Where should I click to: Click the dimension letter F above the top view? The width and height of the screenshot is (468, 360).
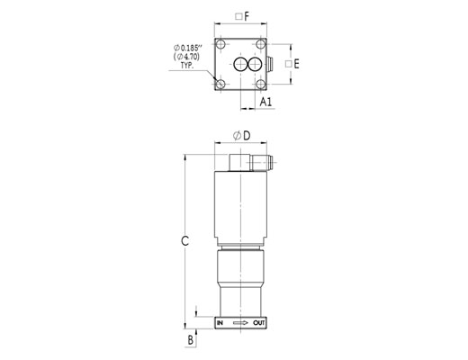point(247,16)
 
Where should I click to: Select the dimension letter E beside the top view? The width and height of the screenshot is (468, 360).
point(296,64)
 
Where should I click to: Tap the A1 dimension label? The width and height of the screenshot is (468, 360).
point(265,102)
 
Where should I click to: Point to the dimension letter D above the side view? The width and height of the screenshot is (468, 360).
point(247,136)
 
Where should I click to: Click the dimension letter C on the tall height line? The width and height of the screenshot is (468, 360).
point(185,240)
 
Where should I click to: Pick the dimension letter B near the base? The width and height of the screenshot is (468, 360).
point(191,340)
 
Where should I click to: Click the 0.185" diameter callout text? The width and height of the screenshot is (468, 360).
point(188,48)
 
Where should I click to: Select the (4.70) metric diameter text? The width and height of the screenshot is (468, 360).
point(186,56)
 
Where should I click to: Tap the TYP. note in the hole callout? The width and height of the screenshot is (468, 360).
point(187,66)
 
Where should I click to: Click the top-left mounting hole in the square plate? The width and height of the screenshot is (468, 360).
point(221,44)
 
